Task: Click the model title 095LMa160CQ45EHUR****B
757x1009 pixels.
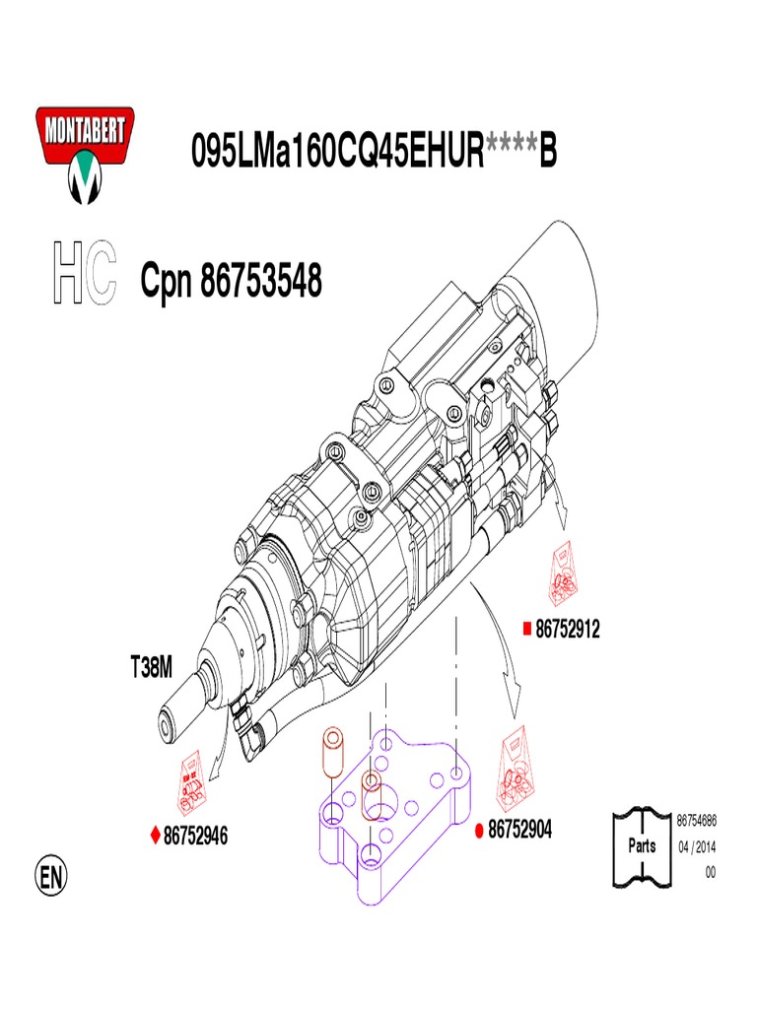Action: (374, 152)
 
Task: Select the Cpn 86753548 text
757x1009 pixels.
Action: (231, 282)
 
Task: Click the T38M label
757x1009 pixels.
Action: (151, 668)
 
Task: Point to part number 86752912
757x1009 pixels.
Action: (568, 629)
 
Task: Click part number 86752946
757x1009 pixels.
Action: (195, 836)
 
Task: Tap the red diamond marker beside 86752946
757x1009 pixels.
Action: (155, 836)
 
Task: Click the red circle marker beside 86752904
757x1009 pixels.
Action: (479, 831)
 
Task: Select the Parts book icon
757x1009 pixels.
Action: (642, 845)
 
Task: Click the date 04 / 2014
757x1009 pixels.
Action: (696, 846)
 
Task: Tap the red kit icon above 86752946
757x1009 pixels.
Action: (195, 779)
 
